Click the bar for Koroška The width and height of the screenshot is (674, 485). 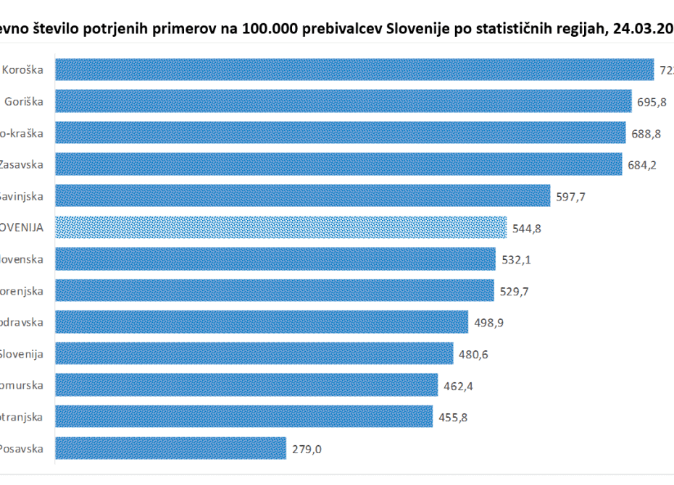tap(355, 69)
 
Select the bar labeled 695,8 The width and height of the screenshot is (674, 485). tap(343, 101)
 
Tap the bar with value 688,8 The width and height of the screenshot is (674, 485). tap(340, 132)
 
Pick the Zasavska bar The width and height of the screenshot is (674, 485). tap(338, 164)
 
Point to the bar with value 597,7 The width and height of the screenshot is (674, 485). tap(302, 195)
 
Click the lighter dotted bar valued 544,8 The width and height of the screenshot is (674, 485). tap(280, 227)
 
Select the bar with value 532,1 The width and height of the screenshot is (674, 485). tap(275, 258)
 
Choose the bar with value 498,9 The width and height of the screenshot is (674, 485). tap(262, 321)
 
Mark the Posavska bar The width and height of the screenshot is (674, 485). tap(170, 447)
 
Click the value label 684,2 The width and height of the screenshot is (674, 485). tap(642, 164)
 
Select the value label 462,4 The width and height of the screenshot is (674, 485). tap(459, 385)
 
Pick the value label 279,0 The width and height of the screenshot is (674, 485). tap(307, 448)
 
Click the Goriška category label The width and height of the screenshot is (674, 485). tap(24, 101)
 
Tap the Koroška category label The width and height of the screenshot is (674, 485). tap(22, 70)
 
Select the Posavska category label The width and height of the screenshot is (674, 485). tap(21, 448)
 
